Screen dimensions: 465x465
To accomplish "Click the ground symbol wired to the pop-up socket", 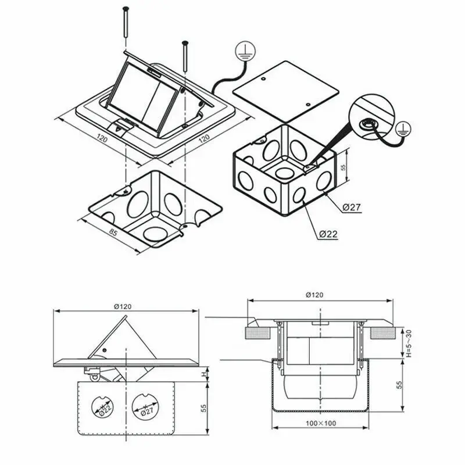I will tap(244, 53).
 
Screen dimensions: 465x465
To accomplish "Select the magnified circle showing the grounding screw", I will tap(369, 117).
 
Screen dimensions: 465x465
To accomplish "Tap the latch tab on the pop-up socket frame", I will tap(120, 124).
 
